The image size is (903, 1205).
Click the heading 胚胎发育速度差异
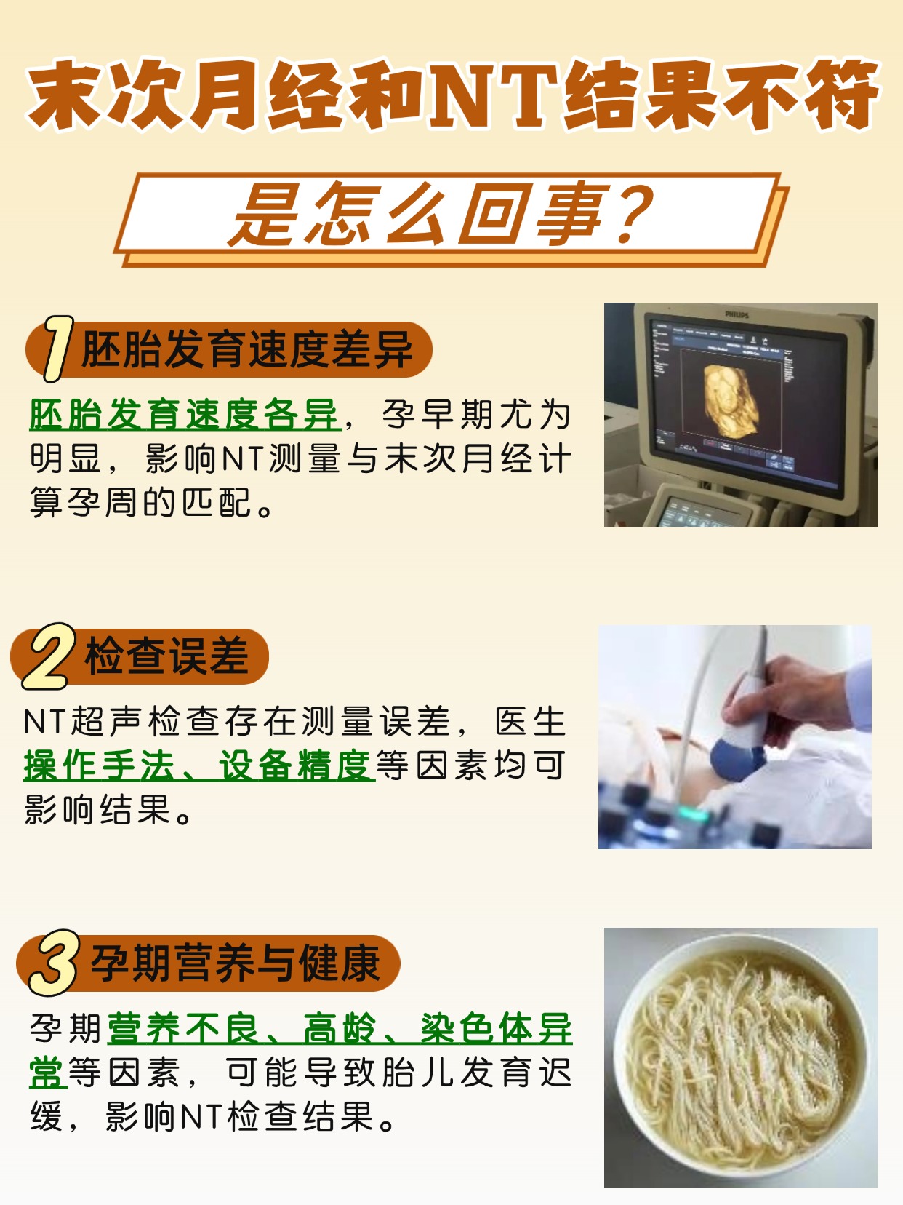click(247, 350)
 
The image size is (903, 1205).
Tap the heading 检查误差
click(167, 656)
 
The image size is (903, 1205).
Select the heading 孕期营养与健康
click(236, 963)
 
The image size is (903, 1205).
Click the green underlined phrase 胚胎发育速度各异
click(185, 415)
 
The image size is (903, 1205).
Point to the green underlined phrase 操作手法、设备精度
click(198, 765)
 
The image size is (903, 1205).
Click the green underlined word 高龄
click(340, 1029)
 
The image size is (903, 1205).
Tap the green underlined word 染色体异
click(496, 1029)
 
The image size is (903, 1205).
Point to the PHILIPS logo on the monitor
click(737, 314)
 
